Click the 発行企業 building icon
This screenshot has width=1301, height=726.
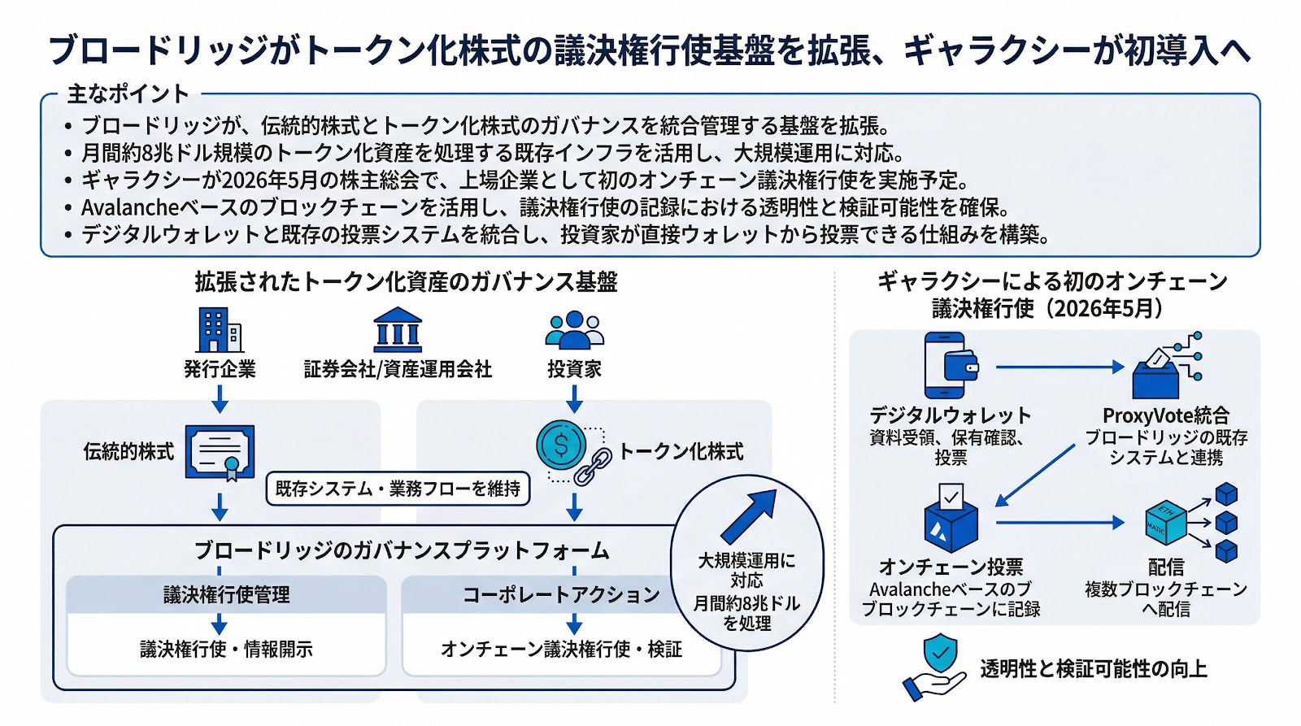220,329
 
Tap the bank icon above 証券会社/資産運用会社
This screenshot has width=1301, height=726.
398,330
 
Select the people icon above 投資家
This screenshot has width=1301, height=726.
574,330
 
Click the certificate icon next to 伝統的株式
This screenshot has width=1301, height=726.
220,453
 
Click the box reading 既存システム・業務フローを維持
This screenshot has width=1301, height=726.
398,489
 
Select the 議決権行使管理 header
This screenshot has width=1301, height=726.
226,595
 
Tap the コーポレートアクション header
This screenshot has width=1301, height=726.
561,595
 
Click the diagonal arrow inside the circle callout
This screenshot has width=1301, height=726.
748,515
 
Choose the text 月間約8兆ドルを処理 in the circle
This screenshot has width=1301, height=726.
746,613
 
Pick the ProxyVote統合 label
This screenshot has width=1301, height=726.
1165,415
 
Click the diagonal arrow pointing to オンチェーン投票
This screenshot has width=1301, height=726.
1034,476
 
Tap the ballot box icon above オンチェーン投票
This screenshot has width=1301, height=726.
951,520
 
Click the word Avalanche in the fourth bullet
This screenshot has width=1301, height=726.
130,207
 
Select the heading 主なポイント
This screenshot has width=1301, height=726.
128,94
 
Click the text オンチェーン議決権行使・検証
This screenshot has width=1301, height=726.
561,649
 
